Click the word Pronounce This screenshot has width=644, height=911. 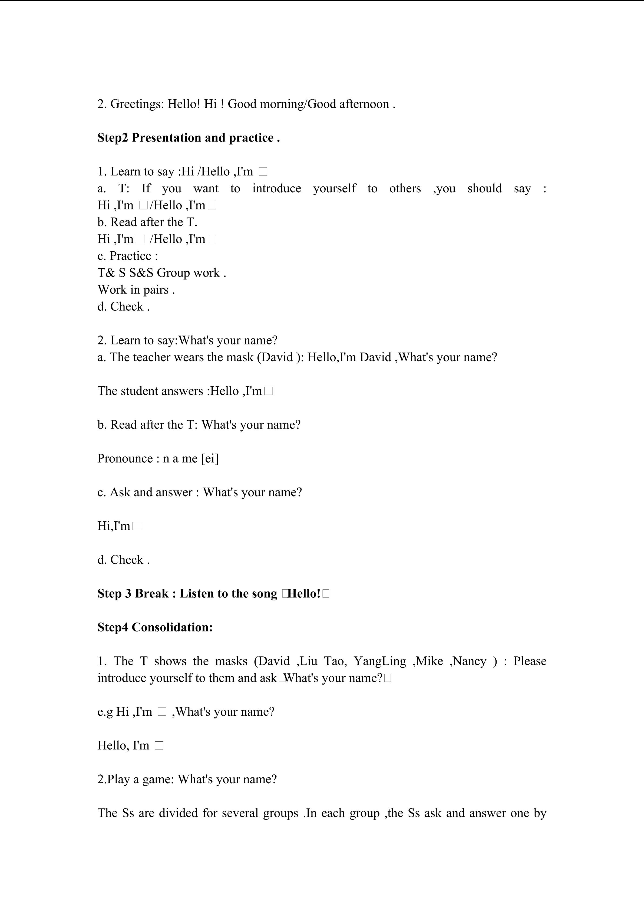[x=125, y=459]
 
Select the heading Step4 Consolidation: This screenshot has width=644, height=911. [x=155, y=627]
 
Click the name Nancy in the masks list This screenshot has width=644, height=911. [x=470, y=661]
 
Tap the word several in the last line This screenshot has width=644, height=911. [x=240, y=813]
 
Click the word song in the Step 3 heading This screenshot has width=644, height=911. [x=265, y=594]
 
